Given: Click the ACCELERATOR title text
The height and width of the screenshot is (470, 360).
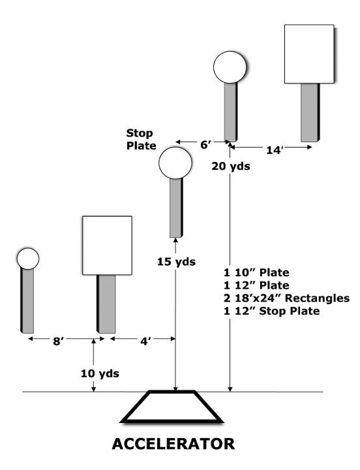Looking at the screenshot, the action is pos(173,444).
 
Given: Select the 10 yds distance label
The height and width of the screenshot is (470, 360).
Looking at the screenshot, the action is pos(100,373).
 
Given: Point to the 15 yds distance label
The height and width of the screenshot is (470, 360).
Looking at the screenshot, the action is pos(176,262).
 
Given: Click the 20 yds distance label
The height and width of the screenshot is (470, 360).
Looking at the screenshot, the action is pos(231,166).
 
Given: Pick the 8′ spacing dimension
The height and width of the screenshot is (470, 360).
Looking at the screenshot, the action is pos(57,341).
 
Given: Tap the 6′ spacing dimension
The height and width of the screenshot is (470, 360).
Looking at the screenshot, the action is pos(205,145).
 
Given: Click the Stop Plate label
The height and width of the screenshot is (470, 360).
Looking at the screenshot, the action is pos(141,139).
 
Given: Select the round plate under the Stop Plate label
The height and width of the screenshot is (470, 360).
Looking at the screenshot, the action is pos(175,163).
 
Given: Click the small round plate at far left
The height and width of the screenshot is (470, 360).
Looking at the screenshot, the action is pos(28,258).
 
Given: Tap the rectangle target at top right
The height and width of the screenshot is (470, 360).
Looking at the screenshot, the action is pos(309,54).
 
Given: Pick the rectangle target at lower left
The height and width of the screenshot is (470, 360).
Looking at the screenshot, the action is pos(107,245).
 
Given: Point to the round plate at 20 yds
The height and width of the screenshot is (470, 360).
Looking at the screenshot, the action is pos(230,67).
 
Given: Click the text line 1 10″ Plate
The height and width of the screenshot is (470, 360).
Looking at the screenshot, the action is pos(257,272).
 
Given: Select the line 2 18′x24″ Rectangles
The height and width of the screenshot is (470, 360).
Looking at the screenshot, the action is pos(286,298).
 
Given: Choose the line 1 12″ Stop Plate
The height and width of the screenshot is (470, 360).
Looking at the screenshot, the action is pos(272,311).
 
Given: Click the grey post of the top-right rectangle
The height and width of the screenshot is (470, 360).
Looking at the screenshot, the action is pos(310,112).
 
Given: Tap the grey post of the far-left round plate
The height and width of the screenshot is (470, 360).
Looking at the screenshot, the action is pos(27,301).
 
